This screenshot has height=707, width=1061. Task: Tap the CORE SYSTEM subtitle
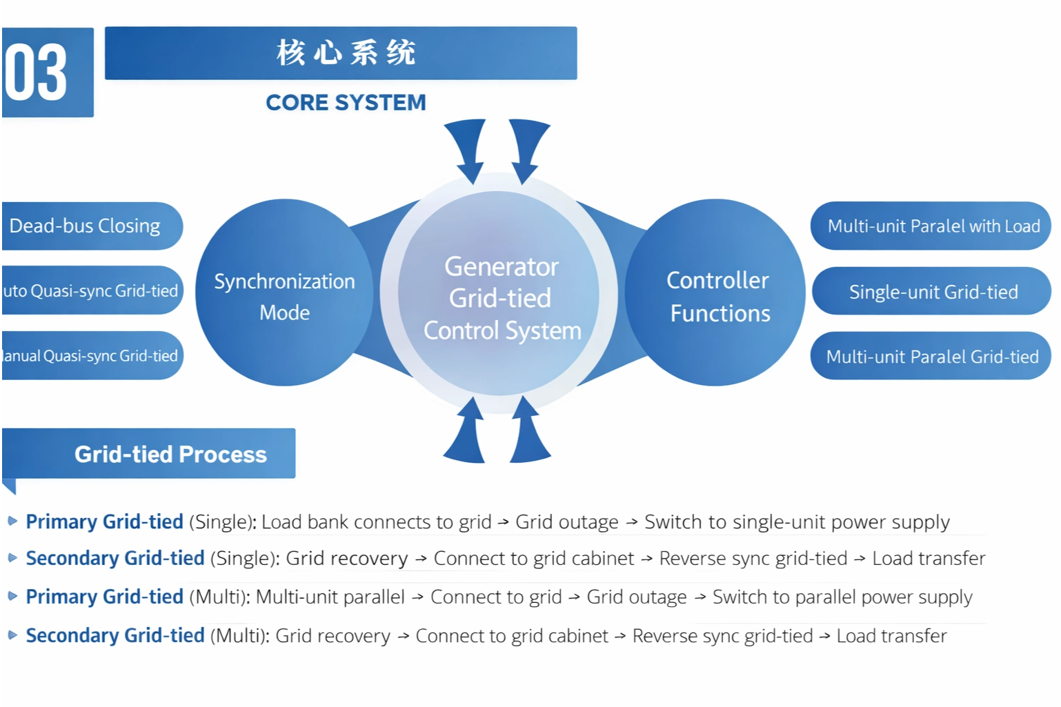(346, 103)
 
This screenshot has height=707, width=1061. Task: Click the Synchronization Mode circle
(284, 296)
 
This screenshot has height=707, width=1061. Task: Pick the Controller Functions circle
(717, 296)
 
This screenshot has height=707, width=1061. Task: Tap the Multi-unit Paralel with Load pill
(933, 226)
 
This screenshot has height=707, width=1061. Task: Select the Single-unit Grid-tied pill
(933, 292)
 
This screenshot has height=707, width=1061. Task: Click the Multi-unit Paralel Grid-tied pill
(932, 357)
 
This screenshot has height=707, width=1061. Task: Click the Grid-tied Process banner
(170, 454)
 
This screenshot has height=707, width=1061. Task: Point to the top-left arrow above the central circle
(468, 148)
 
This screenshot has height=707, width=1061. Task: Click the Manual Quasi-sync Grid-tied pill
(90, 356)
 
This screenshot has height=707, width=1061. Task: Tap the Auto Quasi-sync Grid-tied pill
(90, 291)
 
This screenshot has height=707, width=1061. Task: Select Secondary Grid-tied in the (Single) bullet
(115, 558)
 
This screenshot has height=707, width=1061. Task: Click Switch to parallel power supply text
(842, 597)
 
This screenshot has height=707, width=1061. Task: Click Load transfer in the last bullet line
(891, 636)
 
